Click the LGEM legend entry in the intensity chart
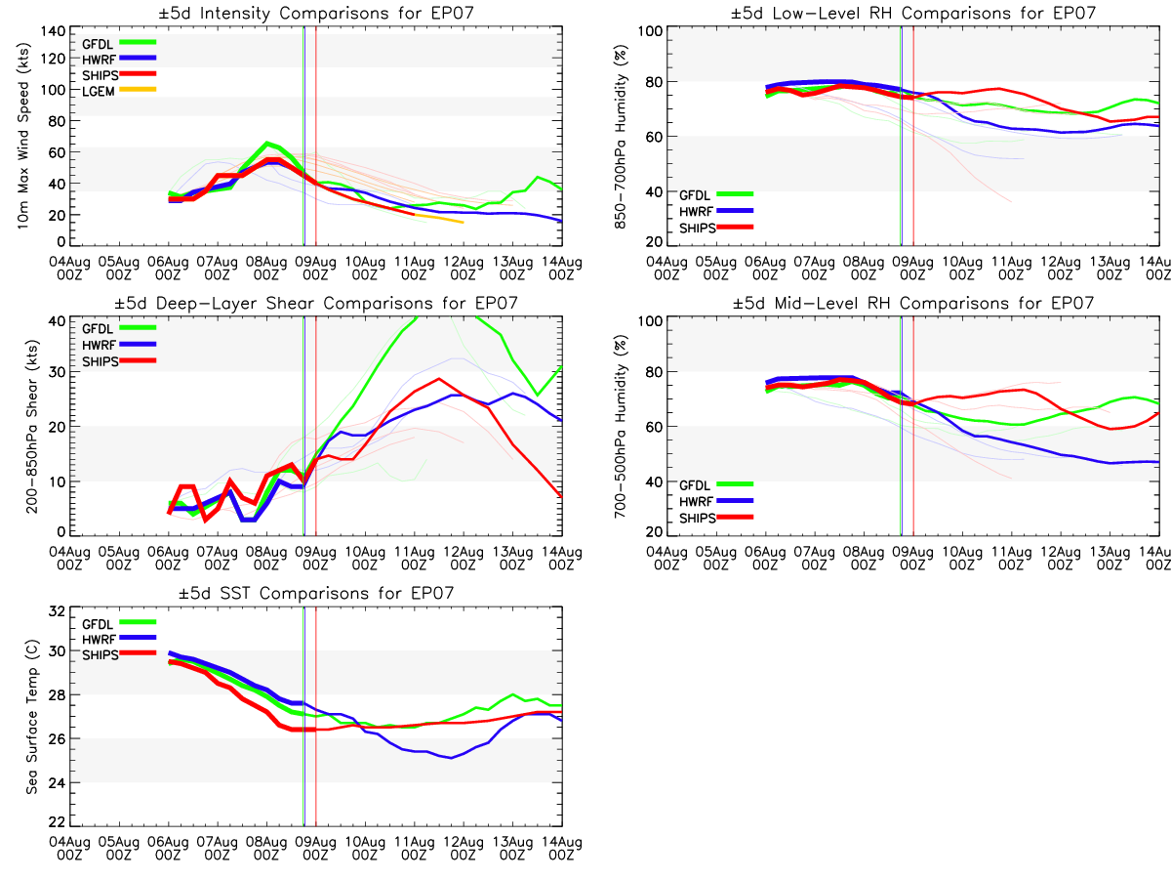(x=99, y=91)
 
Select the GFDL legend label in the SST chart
(x=98, y=624)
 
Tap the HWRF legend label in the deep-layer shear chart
(x=99, y=345)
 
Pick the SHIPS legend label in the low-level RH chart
(x=698, y=228)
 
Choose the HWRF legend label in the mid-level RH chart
(x=696, y=502)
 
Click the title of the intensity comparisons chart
(x=316, y=13)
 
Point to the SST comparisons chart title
(x=316, y=593)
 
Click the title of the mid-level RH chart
(x=913, y=303)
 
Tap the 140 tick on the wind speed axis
(x=54, y=31)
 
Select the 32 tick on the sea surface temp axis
(x=57, y=611)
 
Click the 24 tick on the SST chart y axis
(x=57, y=783)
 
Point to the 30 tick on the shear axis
(x=57, y=372)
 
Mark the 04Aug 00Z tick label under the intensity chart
(x=70, y=269)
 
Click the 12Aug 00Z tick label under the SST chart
(x=464, y=849)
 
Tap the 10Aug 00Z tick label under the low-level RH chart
(x=962, y=269)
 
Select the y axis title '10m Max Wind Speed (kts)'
(x=22, y=136)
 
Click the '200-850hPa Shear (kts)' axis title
(x=31, y=427)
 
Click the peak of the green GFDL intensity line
(x=266, y=143)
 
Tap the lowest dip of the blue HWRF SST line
(x=452, y=758)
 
